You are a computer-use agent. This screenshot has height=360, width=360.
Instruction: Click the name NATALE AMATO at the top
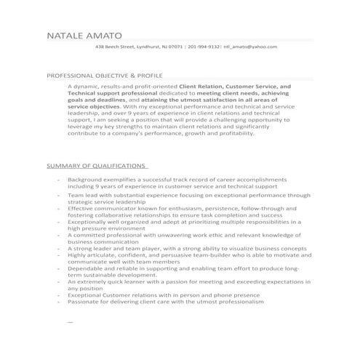point(84,35)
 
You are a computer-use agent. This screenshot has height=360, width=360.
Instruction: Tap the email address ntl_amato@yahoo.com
point(250,47)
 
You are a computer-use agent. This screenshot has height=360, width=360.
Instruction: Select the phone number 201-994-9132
point(204,47)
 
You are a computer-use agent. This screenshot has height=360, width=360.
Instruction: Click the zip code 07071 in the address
point(175,47)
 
